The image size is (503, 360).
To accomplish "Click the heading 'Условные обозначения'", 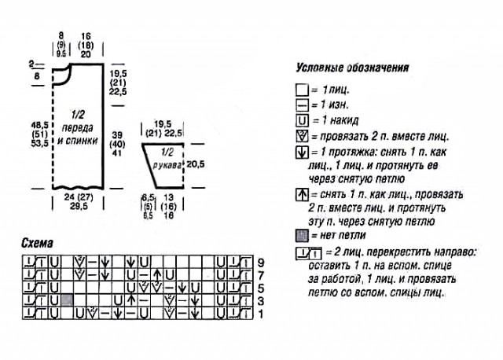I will point(352,68).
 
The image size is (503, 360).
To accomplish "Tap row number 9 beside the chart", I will point(250,262).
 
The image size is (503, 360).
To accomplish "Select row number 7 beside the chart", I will point(250,275).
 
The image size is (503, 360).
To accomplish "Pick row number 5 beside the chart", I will point(250,288).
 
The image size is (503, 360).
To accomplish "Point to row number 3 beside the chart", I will point(250,302).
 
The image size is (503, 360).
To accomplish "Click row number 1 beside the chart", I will point(250,314).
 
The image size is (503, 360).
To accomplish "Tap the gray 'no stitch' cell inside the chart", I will point(68,300).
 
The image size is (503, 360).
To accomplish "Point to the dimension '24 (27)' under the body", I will point(75,197).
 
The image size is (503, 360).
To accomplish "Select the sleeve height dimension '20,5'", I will point(196,164).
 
